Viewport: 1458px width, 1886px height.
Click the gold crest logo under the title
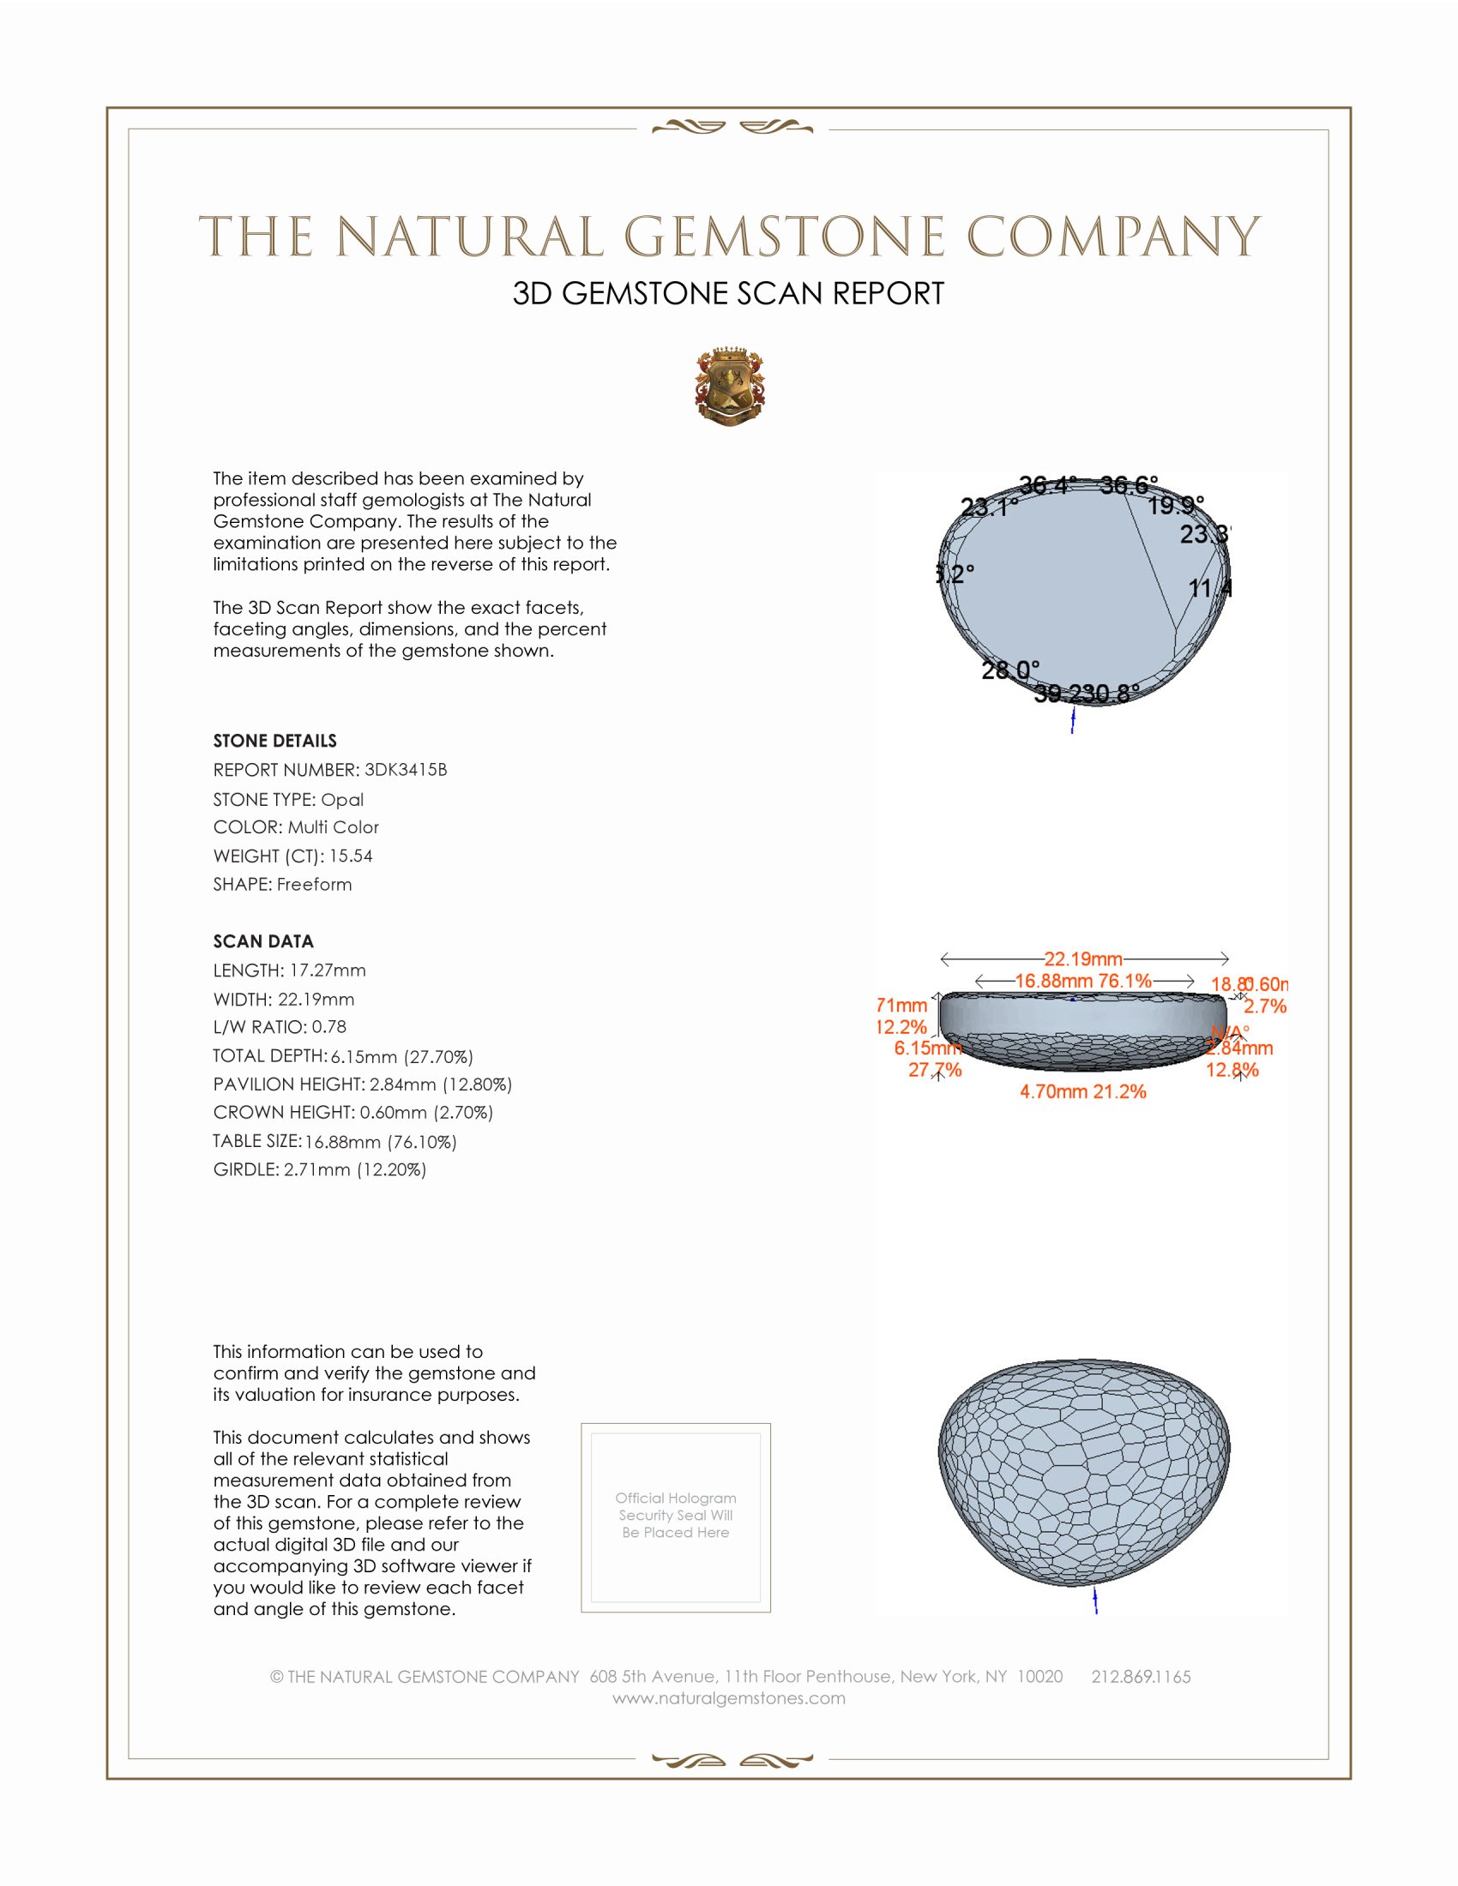point(730,387)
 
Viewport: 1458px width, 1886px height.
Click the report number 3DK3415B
point(406,770)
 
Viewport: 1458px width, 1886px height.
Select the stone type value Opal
point(342,800)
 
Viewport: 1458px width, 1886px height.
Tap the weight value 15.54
point(351,856)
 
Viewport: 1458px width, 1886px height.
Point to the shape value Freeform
point(315,885)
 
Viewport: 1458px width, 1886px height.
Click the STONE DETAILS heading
point(274,741)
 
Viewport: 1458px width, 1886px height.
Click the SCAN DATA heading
point(263,941)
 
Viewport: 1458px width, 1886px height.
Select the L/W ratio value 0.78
point(329,1027)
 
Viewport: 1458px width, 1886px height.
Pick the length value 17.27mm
point(328,970)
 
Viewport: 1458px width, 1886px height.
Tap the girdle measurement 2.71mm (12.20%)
point(355,1169)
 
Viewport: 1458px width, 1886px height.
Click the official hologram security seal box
point(676,1517)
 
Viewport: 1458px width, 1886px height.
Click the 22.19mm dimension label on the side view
point(1083,958)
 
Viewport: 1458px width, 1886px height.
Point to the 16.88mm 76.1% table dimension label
point(1083,981)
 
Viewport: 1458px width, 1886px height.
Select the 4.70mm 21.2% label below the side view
point(1083,1091)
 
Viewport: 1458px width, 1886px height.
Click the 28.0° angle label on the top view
point(1009,670)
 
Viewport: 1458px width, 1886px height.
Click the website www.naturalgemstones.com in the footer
point(729,1698)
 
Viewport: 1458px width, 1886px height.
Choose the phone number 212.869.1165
point(1141,1677)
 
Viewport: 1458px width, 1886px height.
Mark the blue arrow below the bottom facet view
point(1095,1601)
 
